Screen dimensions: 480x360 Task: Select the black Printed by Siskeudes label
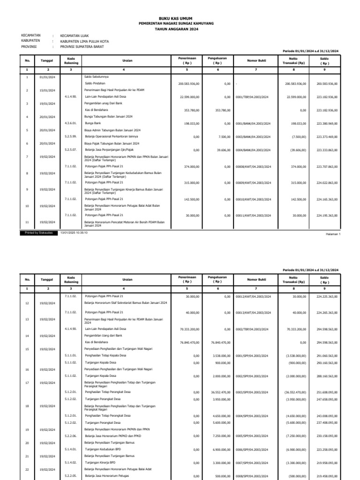coord(39,232)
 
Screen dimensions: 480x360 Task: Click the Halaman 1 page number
coord(332,233)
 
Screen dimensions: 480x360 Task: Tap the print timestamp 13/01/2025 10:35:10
coord(74,232)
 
